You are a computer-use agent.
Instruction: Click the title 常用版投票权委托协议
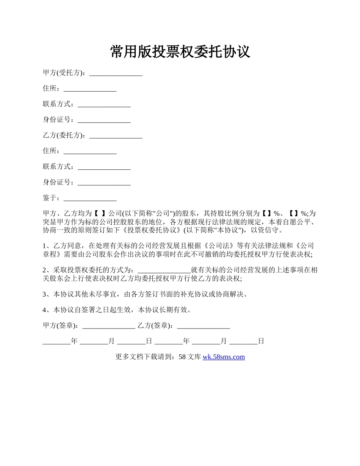[180, 52]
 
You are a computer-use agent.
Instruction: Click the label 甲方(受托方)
[63, 73]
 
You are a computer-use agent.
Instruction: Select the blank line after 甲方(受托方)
[116, 73]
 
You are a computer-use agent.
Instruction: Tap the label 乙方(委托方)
[63, 135]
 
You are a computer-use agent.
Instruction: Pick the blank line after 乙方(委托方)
[116, 136]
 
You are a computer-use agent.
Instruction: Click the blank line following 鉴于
[90, 199]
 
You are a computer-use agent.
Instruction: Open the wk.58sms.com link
[224, 357]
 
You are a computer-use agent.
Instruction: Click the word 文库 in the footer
[194, 357]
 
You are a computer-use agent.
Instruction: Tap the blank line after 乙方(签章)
[203, 326]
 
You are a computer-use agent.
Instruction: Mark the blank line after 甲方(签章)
[109, 326]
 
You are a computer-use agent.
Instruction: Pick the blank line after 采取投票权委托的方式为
[164, 271]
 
